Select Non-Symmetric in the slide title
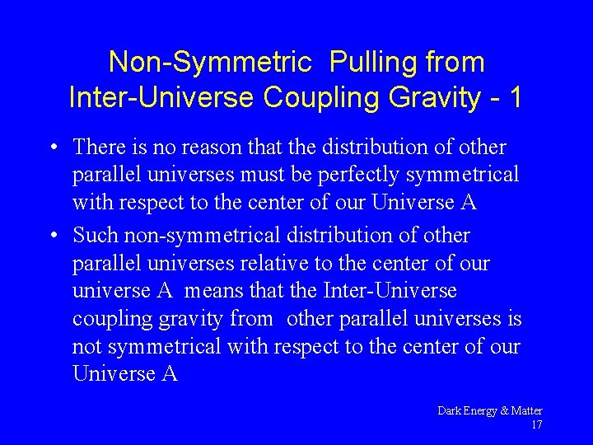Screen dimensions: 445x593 coord(210,63)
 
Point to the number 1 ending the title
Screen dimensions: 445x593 coord(516,98)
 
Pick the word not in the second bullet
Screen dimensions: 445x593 coord(87,347)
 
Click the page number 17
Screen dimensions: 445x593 coord(536,425)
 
